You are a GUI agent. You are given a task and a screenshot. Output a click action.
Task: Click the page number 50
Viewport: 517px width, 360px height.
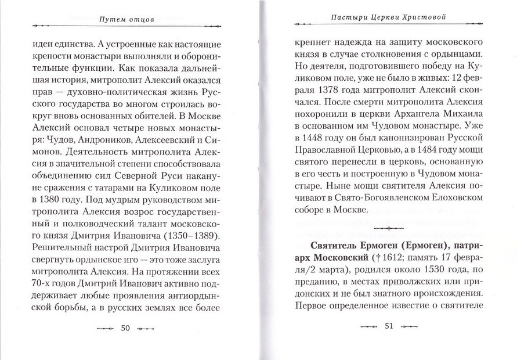pos(125,327)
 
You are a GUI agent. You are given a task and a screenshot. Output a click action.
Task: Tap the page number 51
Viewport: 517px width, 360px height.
pos(388,326)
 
